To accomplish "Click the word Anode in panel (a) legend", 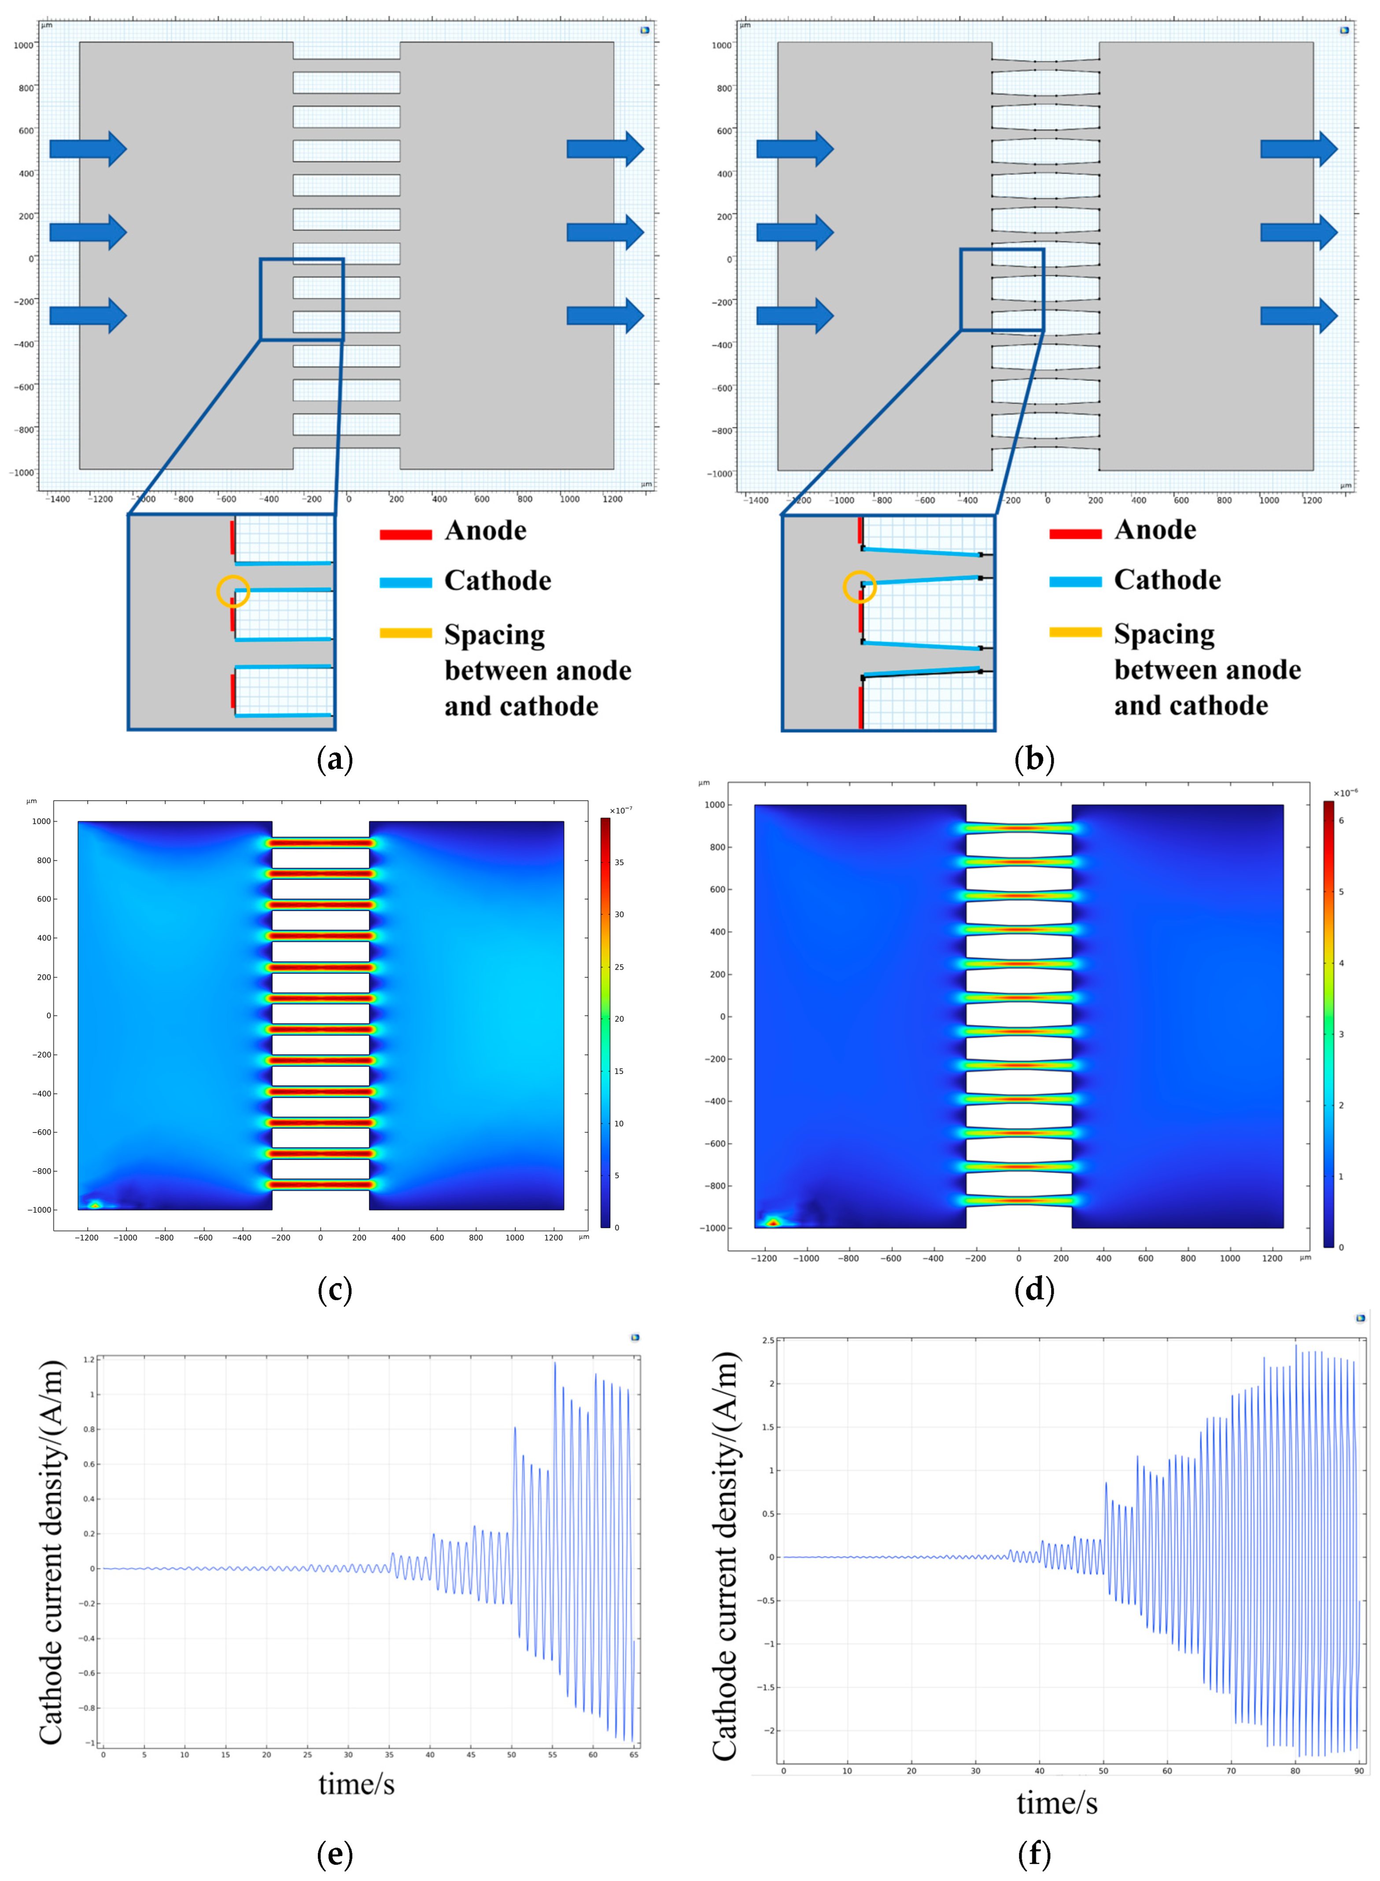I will [x=485, y=531].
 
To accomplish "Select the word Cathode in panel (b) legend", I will [x=1167, y=580].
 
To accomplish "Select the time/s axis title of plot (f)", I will [x=1057, y=1803].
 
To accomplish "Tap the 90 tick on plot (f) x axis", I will [x=1359, y=1771].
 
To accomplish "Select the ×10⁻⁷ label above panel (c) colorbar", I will [x=618, y=810].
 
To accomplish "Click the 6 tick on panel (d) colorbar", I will [x=1341, y=820].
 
